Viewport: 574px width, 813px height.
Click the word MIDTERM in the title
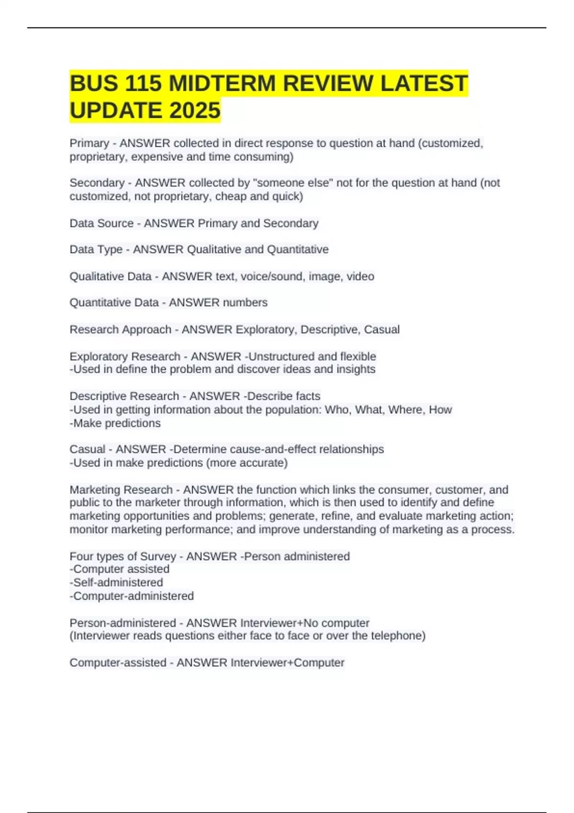(222, 83)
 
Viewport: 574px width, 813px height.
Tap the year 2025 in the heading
(194, 110)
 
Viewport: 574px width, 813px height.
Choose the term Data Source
(101, 223)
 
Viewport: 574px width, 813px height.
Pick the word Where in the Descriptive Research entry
(405, 410)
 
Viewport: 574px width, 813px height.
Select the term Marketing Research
(121, 490)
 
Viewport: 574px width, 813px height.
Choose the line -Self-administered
(116, 582)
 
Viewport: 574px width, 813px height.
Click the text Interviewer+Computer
(287, 663)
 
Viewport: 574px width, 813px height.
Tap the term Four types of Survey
(123, 556)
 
